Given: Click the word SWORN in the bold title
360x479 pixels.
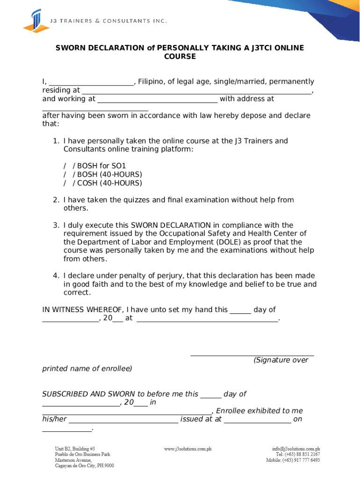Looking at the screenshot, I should point(70,48).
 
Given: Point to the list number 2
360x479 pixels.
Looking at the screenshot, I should point(55,200).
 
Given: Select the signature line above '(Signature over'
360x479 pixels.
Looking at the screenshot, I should point(252,355).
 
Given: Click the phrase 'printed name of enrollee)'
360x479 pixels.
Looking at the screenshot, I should point(87,369).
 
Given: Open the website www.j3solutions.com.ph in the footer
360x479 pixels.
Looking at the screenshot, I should point(187,449).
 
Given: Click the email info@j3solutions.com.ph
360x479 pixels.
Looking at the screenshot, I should point(296,449).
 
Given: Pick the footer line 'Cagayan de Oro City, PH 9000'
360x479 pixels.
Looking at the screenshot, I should point(84,465).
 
